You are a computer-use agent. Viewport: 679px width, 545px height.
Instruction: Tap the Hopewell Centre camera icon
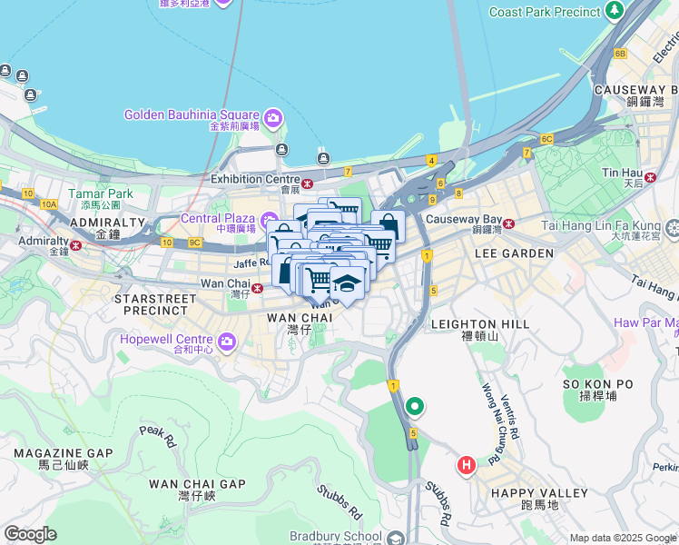226,342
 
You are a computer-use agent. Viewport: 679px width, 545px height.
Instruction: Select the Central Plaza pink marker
270,221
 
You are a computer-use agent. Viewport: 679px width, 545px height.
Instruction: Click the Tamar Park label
105,193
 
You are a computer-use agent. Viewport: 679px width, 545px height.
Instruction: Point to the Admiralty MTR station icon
76,245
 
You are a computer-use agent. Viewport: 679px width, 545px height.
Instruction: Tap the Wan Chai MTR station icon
258,289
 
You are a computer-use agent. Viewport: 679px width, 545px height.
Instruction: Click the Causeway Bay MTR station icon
509,223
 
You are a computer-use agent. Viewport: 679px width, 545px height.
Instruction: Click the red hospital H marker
467,466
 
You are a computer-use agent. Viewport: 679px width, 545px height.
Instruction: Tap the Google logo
30,534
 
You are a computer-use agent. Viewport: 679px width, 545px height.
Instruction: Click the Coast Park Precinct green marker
615,12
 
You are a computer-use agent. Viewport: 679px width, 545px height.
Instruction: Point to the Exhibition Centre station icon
308,184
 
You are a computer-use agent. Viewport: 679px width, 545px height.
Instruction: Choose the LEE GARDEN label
515,253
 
